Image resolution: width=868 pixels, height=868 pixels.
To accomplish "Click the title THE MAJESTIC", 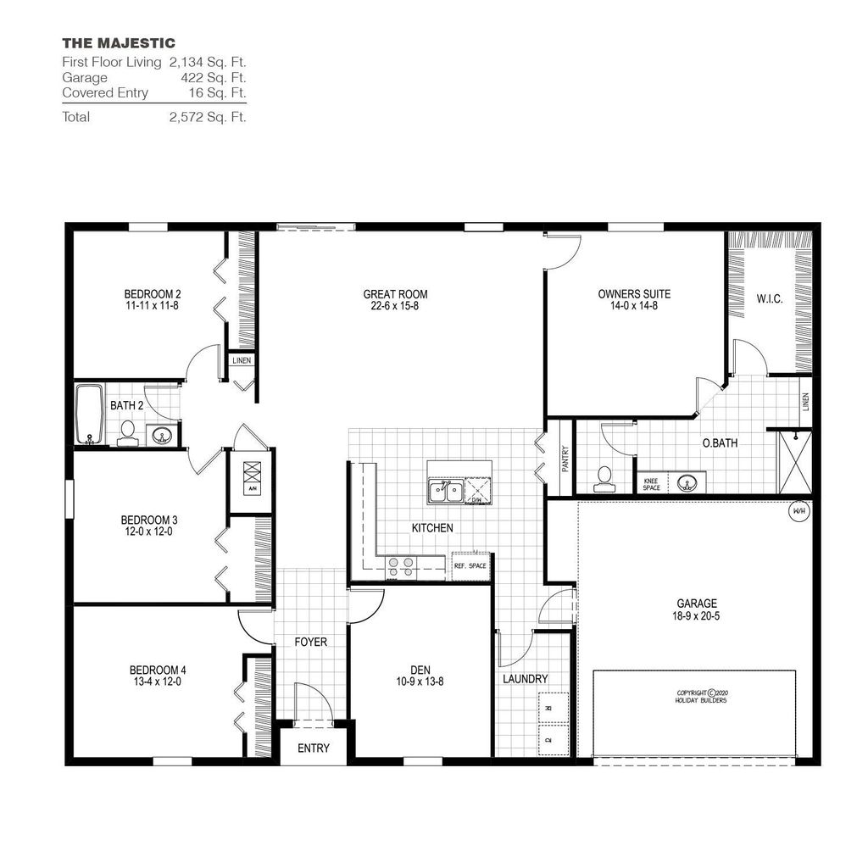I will click(119, 42).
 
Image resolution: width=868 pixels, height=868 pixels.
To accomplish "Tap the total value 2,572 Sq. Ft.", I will click(208, 117).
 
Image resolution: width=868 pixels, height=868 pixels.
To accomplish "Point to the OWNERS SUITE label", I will click(634, 294).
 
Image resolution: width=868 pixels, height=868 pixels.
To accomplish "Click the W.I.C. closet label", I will click(769, 299).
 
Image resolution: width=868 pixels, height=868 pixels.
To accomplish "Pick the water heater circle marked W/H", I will click(798, 512).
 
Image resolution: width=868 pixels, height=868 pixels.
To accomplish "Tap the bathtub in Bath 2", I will click(88, 415).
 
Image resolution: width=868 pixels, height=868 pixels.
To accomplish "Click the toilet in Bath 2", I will click(127, 433).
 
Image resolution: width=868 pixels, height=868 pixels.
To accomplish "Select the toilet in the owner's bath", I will click(604, 479).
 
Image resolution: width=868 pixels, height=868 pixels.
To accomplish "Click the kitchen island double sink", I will click(445, 491).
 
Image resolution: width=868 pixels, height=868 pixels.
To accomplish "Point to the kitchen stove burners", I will click(400, 566).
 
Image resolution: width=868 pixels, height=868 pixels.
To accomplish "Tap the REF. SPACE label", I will click(470, 565).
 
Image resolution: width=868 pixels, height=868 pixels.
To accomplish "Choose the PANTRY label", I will click(565, 459).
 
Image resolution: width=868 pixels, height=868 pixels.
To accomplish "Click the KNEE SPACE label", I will click(651, 483).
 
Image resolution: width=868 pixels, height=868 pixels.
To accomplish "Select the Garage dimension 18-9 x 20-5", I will click(697, 617).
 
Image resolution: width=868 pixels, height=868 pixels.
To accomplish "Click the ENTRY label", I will click(313, 748).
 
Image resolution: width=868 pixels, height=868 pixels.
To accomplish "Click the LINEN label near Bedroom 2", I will click(242, 360).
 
